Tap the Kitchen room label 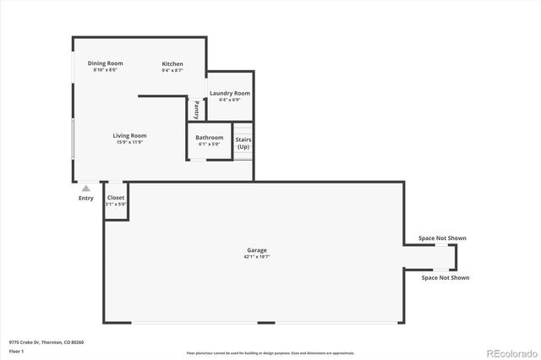click(x=172, y=64)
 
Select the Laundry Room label click(x=230, y=93)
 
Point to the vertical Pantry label click(x=197, y=110)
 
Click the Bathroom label click(x=209, y=138)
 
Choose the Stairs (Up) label click(x=243, y=143)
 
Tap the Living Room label click(x=130, y=135)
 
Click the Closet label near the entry click(x=116, y=198)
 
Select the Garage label click(x=257, y=250)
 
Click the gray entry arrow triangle click(x=85, y=188)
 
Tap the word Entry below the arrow click(x=86, y=199)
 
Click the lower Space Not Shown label click(x=445, y=277)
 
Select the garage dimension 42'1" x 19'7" click(x=257, y=257)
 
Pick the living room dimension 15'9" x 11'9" click(x=130, y=142)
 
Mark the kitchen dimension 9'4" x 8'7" click(x=172, y=70)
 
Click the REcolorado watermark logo click(x=509, y=351)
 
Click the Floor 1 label click(x=16, y=351)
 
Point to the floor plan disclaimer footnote click(x=270, y=352)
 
